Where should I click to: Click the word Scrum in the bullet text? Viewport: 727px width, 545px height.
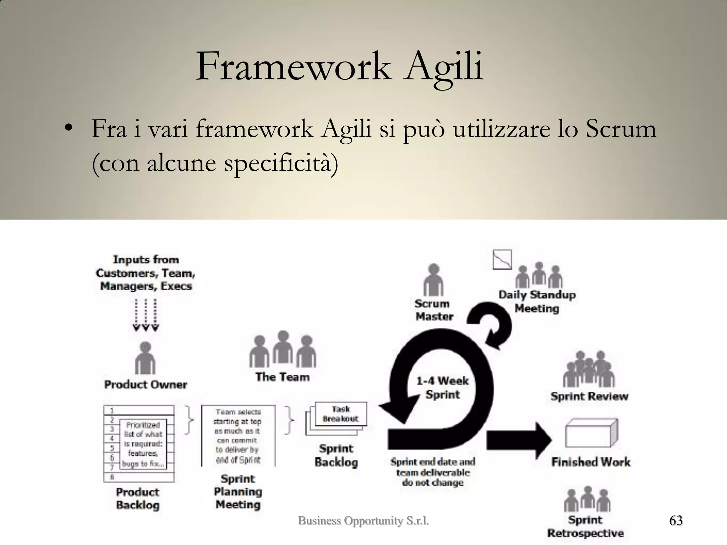[x=620, y=129]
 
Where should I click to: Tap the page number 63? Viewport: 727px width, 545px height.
[x=676, y=521]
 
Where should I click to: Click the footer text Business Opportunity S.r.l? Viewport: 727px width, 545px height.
[x=363, y=521]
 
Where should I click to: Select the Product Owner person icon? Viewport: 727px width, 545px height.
[x=145, y=358]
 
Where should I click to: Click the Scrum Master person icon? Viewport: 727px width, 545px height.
[x=433, y=280]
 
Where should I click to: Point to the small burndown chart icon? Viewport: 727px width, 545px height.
[x=502, y=259]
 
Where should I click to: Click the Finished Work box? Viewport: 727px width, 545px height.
[x=591, y=434]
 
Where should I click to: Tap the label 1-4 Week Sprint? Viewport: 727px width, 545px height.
[x=442, y=388]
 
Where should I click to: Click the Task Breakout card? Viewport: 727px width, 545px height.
[x=341, y=414]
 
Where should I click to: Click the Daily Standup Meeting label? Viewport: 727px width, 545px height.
[x=537, y=302]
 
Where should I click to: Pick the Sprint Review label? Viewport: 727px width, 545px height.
[x=589, y=396]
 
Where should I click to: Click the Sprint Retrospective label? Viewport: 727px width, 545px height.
[x=585, y=527]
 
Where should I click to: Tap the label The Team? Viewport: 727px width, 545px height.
[x=282, y=377]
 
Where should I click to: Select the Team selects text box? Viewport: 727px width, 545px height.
[x=238, y=436]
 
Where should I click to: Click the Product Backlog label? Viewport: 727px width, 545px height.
[x=138, y=499]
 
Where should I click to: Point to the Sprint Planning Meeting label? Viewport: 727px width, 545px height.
[x=238, y=492]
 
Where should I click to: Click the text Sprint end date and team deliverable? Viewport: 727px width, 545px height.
[x=433, y=467]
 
